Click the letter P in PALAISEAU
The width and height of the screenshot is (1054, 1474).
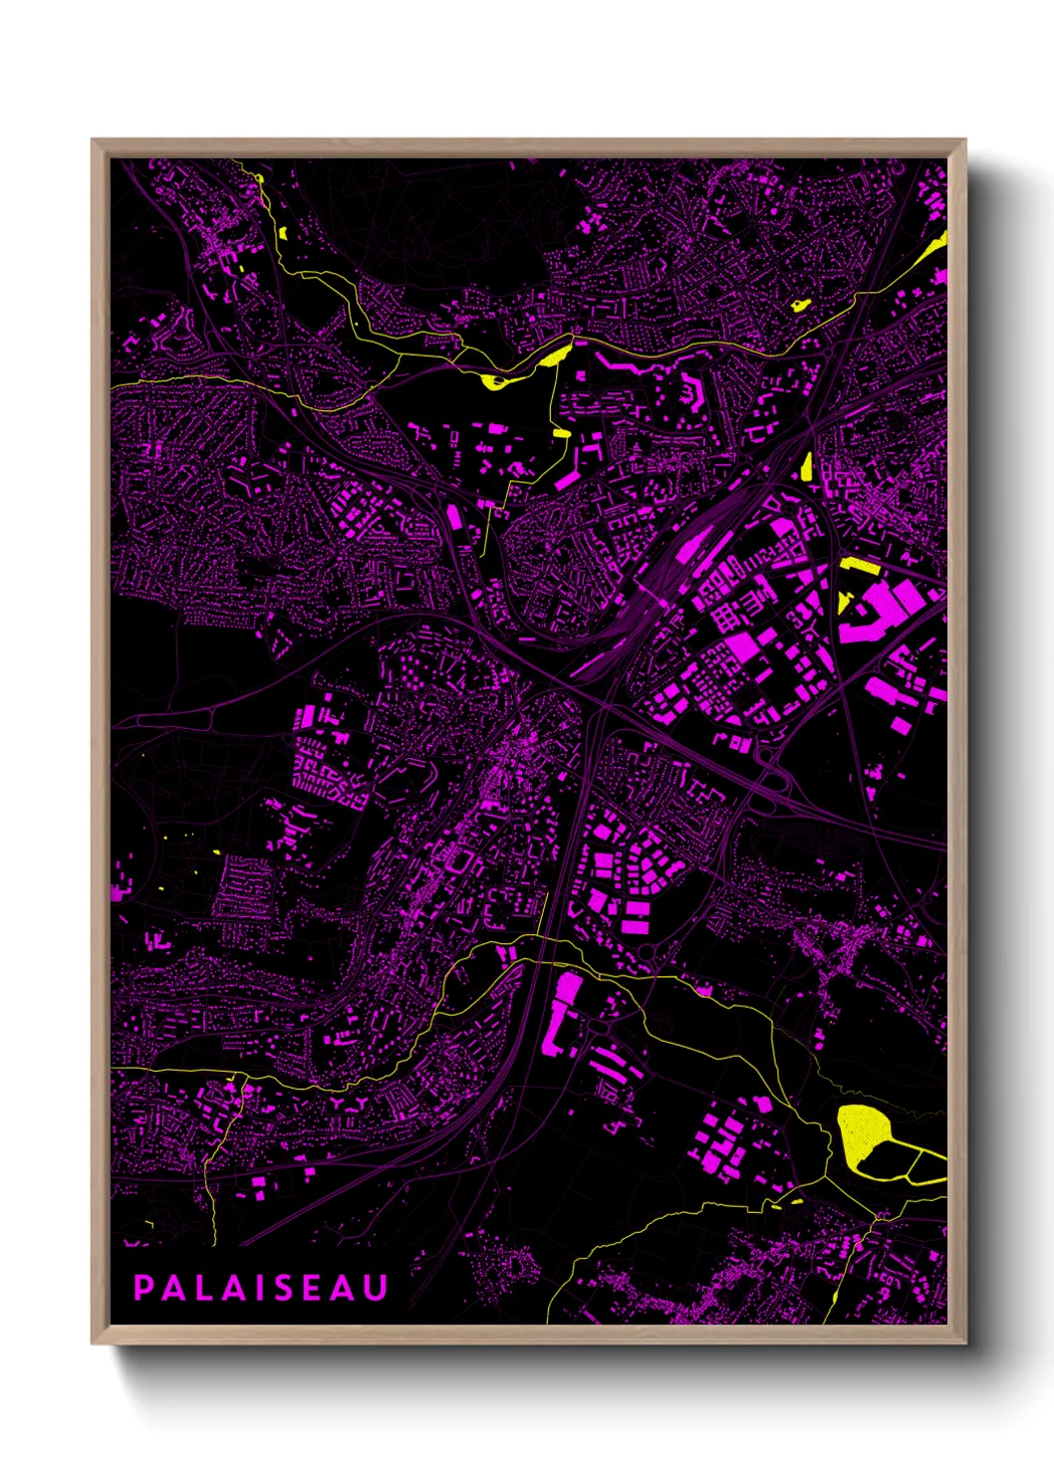pos(143,1288)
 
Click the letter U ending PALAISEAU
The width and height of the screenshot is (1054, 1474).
pos(376,1288)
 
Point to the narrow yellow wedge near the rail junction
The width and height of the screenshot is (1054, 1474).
pos(807,465)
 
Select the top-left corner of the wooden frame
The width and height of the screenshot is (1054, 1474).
pos(93,140)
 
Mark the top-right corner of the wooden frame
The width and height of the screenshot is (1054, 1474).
pos(964,140)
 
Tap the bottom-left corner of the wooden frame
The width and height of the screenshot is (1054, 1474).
pos(93,1344)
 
